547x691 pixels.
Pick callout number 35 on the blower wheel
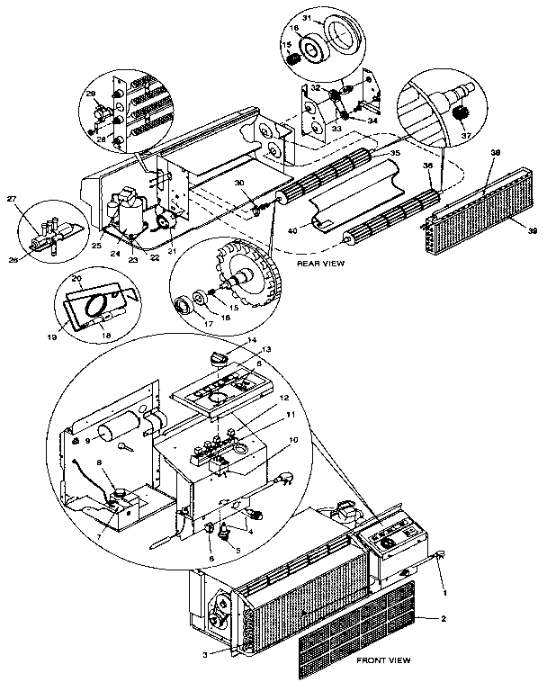point(393,154)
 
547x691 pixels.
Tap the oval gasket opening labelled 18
point(94,308)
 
